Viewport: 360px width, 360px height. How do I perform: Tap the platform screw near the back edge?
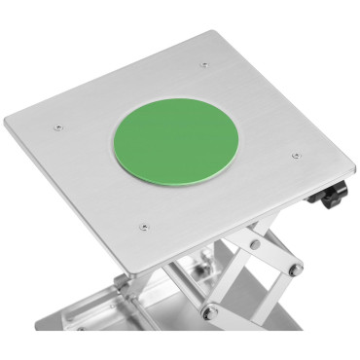click(x=203, y=66)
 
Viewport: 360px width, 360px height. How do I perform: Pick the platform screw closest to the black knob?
click(x=295, y=153)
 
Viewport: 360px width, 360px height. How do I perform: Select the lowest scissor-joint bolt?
click(x=207, y=312)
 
